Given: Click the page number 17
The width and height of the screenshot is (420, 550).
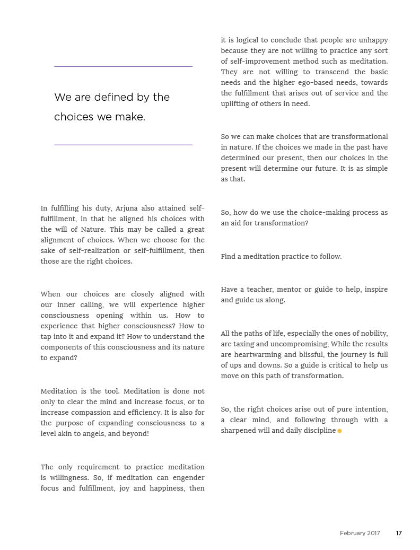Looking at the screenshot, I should click(x=399, y=533).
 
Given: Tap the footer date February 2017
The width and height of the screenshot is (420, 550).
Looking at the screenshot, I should click(x=360, y=533).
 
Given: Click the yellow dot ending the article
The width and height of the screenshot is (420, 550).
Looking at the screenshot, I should click(x=339, y=431).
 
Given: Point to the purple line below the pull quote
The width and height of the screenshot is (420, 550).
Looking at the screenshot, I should click(x=123, y=145).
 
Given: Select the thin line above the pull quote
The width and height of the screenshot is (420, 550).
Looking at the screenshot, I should click(x=123, y=66).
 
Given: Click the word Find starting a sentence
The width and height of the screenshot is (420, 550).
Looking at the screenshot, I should click(x=228, y=257).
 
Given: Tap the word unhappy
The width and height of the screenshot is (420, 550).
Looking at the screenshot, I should click(x=372, y=40).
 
